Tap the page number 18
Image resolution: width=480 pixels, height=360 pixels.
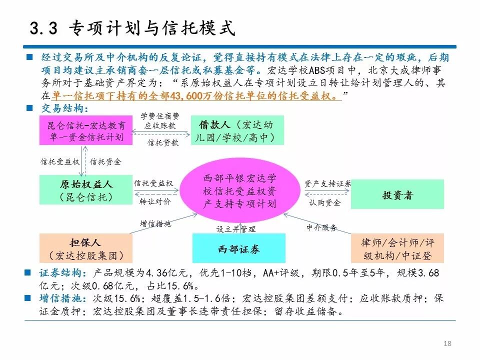(x=447, y=343)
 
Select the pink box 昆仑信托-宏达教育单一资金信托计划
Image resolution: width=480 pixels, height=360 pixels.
(x=86, y=130)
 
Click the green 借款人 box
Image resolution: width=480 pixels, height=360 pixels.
(x=237, y=130)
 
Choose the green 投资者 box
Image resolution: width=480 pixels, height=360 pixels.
(x=397, y=195)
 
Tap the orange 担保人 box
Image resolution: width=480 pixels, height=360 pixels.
(x=86, y=249)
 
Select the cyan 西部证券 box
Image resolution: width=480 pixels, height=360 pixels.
(x=238, y=249)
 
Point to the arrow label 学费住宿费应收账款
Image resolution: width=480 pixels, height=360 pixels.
(x=159, y=120)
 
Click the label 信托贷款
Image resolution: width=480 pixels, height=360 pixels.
(x=162, y=142)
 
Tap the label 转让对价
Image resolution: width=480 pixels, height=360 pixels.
(x=155, y=201)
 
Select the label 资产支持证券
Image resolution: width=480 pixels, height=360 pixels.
(x=327, y=183)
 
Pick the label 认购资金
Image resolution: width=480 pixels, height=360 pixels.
(x=325, y=202)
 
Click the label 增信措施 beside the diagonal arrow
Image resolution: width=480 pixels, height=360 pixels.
(x=155, y=223)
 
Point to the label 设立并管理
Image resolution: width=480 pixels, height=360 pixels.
(x=235, y=229)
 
